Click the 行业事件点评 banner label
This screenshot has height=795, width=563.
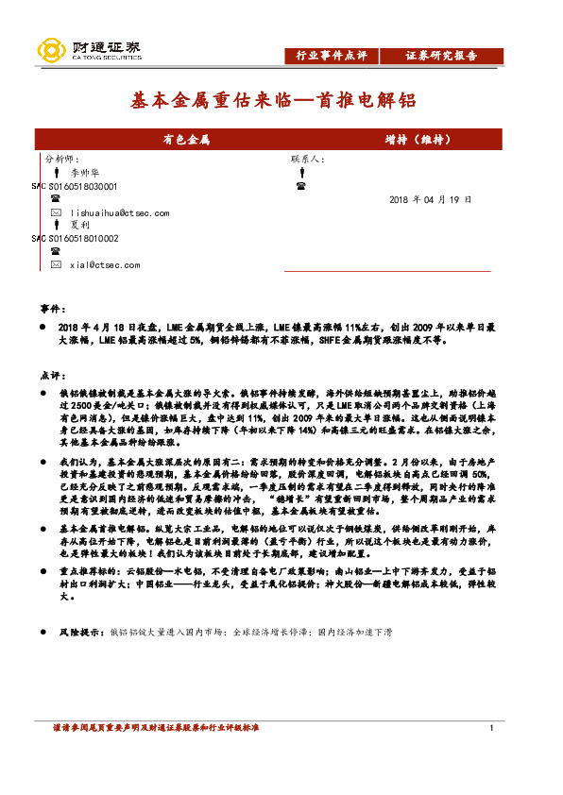[332, 55]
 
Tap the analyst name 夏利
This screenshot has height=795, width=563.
[79, 226]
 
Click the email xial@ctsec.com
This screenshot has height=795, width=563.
[105, 265]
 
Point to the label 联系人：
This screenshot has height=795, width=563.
[309, 160]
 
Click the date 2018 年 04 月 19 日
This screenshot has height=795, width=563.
[430, 200]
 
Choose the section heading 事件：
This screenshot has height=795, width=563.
[53, 309]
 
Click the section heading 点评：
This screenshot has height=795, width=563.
[53, 374]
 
